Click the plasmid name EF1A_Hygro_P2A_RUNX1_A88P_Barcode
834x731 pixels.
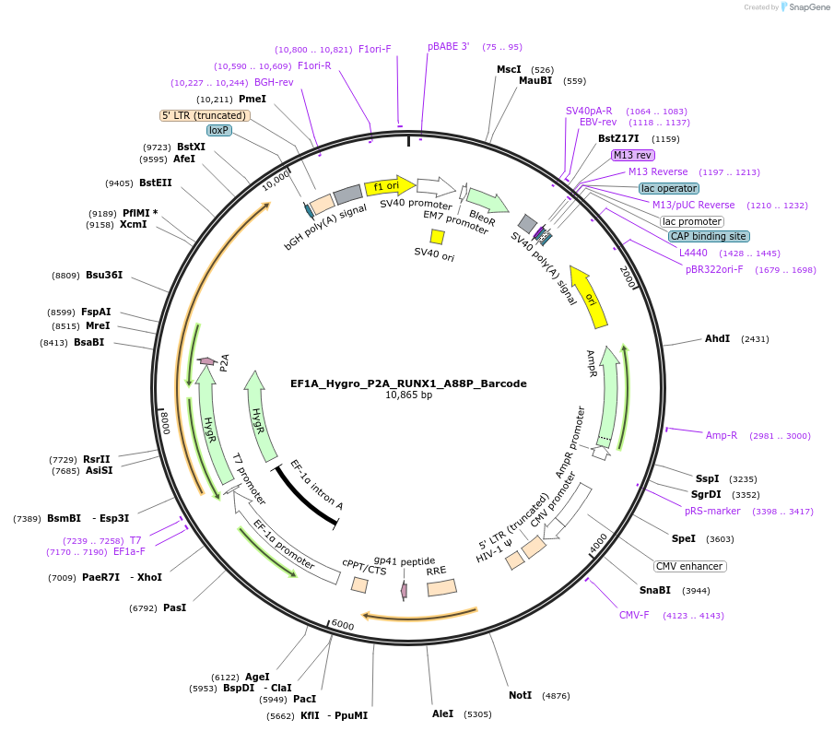[408, 383]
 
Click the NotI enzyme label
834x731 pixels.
[521, 695]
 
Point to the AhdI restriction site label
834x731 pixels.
[717, 338]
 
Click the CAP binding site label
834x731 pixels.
[708, 236]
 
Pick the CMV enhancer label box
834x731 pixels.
[689, 566]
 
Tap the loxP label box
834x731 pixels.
[218, 130]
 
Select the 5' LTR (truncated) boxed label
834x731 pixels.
[205, 115]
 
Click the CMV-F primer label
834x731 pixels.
[634, 615]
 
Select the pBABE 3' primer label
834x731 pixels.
[449, 46]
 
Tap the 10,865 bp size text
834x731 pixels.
[408, 395]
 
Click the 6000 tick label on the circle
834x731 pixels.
[342, 625]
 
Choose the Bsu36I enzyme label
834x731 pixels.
[104, 275]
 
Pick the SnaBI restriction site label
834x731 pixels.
[655, 590]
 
